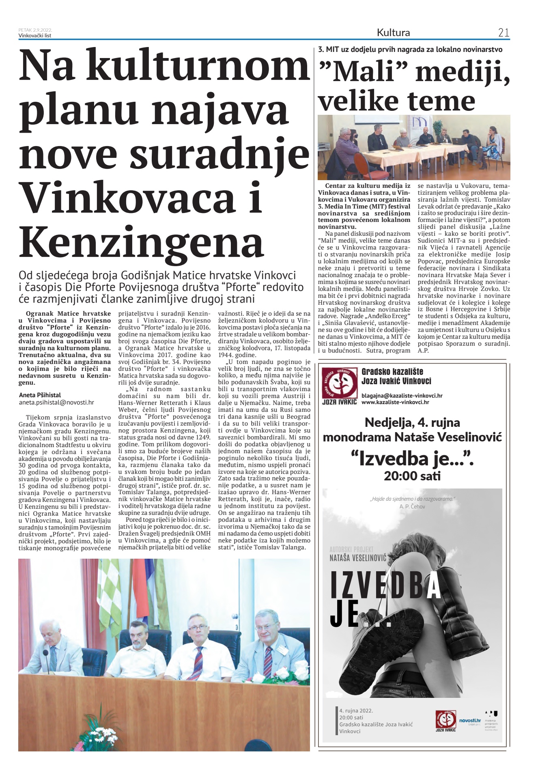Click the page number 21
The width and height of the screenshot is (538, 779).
click(x=503, y=33)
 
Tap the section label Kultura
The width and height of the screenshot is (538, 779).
click(x=393, y=33)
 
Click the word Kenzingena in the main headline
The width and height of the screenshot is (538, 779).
click(x=142, y=242)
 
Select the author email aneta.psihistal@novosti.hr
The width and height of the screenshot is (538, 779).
click(x=56, y=402)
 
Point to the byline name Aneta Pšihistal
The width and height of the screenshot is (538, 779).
click(x=40, y=395)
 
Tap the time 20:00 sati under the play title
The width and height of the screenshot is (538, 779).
click(x=412, y=476)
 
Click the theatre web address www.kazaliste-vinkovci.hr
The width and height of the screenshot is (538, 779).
click(x=395, y=402)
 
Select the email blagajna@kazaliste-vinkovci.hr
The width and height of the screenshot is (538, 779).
click(x=402, y=395)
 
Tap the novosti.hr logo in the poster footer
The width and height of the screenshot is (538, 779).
click(x=469, y=721)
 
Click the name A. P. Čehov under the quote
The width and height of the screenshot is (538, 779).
click(x=412, y=506)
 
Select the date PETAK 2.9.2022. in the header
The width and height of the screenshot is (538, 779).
click(x=35, y=30)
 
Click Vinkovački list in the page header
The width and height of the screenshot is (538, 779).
click(x=35, y=35)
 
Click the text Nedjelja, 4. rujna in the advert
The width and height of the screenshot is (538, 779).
click(x=412, y=422)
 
